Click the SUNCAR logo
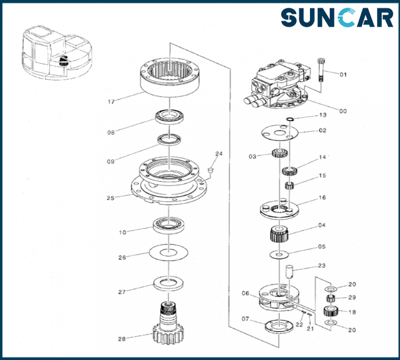pos(336,18)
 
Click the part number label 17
pos(111,102)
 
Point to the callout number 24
pos(219,154)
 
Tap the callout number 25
pos(110,198)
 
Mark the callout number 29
pos(352,298)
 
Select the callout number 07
pos(245,319)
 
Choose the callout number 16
pos(322,198)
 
